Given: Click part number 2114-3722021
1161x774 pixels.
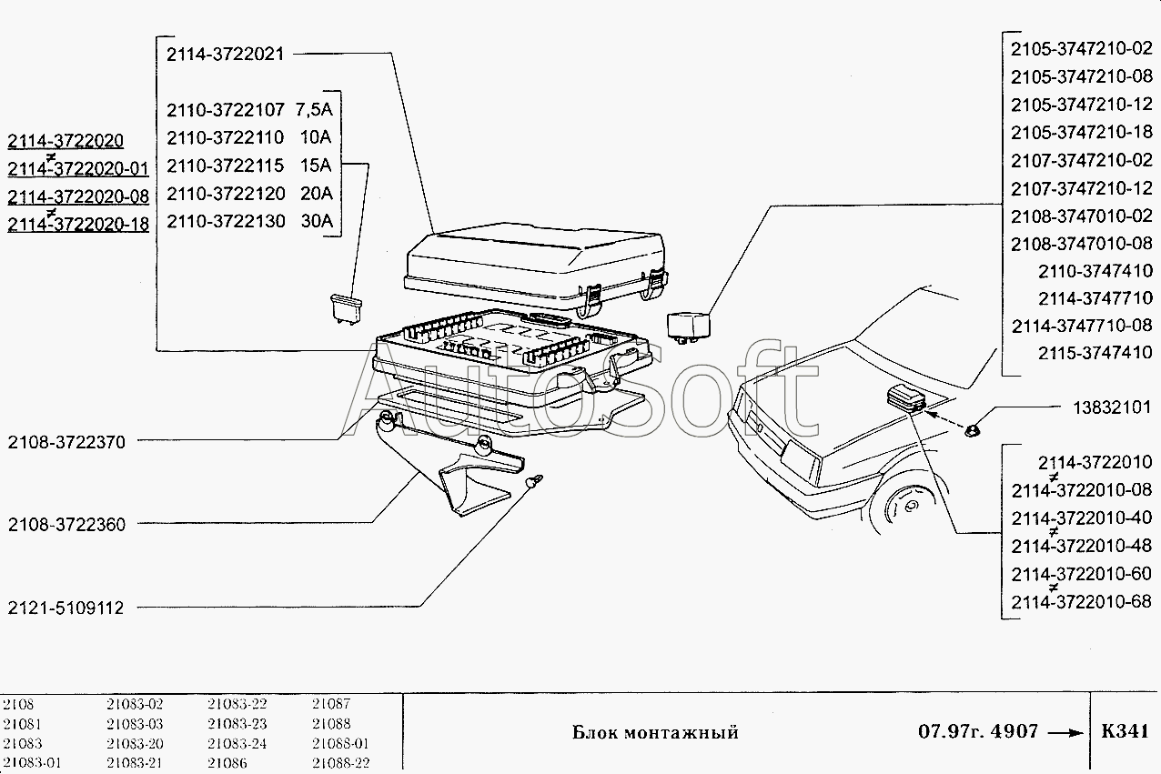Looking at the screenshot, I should (226, 55).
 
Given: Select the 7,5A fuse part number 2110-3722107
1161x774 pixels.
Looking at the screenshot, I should (226, 111).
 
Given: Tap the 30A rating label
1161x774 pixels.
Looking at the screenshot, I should (317, 221).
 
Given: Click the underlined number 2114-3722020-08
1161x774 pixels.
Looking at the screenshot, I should (77, 196).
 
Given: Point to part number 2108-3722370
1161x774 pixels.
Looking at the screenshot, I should (66, 442).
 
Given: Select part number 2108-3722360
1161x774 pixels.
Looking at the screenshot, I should (66, 525).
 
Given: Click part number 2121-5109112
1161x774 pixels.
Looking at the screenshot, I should (66, 608).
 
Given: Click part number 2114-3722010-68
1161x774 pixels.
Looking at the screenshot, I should (1082, 601).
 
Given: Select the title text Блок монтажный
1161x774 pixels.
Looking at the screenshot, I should (655, 732).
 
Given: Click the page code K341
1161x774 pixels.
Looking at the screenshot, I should (1125, 732).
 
